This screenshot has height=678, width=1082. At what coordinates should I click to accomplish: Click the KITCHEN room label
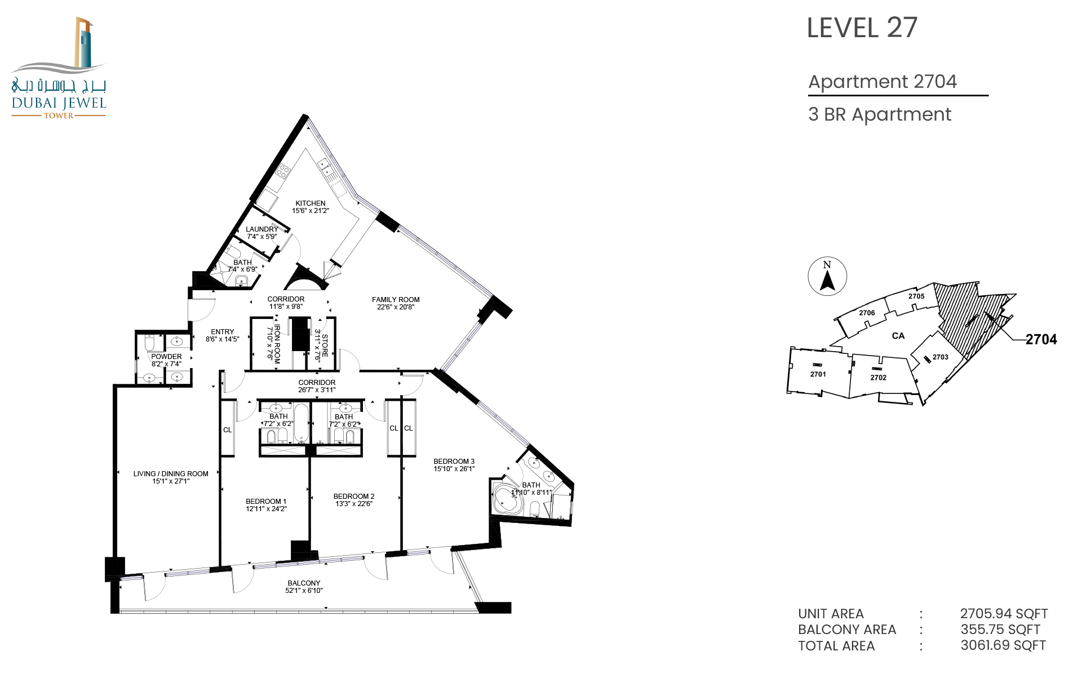pos(311,203)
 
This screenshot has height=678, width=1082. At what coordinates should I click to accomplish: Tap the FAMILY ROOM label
pos(396,300)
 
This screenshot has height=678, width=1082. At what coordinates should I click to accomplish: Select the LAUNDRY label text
pos(262,229)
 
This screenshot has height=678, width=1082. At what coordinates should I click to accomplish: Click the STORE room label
pos(325,345)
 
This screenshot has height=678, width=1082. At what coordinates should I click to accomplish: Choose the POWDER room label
pos(166,357)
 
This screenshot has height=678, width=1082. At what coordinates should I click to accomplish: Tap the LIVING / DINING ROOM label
pos(171,474)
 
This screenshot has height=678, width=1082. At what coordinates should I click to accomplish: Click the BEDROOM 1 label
pos(266,502)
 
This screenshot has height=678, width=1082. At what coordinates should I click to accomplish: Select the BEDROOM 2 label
pos(354,497)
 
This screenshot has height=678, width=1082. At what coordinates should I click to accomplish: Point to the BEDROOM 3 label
pos(454,462)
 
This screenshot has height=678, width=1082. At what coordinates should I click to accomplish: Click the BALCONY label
pos(304,583)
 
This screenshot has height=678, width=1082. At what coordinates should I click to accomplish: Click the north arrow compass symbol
pos(827,276)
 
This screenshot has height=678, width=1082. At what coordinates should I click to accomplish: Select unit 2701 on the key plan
pos(818,374)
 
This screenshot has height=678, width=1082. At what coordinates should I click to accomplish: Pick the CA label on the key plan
pos(898,336)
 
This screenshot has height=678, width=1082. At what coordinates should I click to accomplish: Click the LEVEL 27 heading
pos(862,28)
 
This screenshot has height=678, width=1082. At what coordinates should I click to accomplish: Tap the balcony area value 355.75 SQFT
pos(1000,630)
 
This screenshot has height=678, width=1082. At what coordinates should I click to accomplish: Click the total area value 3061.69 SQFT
pos(1003,645)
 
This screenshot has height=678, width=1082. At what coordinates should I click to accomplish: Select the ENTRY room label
pos(223,332)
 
